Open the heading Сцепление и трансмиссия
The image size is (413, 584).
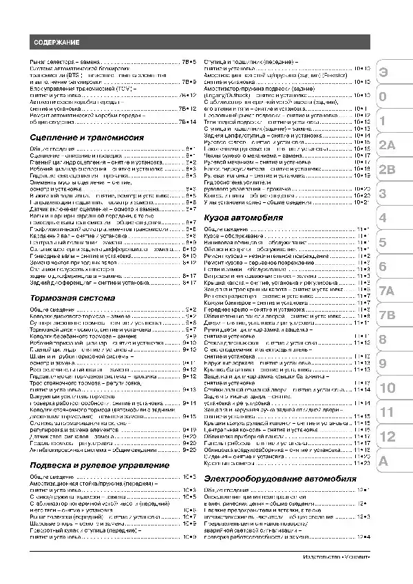point(87,138)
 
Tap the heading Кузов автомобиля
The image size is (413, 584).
point(244,217)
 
